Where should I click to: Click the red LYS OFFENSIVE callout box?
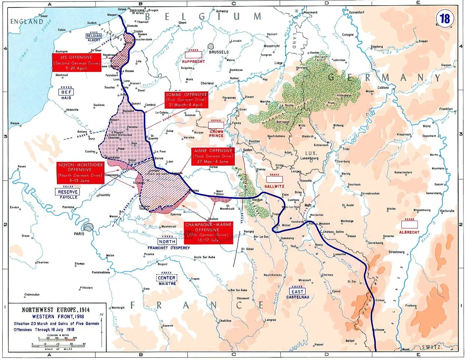pyautogui.click(x=77, y=62)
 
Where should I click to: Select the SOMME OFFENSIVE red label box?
pyautogui.click(x=186, y=100)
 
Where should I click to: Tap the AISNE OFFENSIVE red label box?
pyautogui.click(x=213, y=156)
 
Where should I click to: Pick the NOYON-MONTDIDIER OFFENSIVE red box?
pyautogui.click(x=80, y=172)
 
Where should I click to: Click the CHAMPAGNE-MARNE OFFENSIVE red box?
pyautogui.click(x=209, y=232)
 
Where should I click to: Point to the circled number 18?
pyautogui.click(x=445, y=19)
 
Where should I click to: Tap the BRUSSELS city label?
pyautogui.click(x=219, y=52)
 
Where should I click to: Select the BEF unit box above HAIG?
pyautogui.click(x=66, y=92)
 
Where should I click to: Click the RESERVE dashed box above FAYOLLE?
pyautogui.click(x=68, y=192)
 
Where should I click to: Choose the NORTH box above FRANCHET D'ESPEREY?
pyautogui.click(x=167, y=242)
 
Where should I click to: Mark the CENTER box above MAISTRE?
pyautogui.click(x=166, y=278)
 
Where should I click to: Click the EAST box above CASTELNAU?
pyautogui.click(x=297, y=291)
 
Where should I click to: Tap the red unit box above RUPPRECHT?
pyautogui.click(x=193, y=55)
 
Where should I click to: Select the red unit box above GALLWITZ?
pyautogui.click(x=274, y=179)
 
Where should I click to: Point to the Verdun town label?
pyautogui.click(x=258, y=200)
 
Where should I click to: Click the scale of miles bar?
pyautogui.click(x=58, y=344)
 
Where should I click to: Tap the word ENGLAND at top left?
pyautogui.click(x=27, y=21)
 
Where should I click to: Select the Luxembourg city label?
pyautogui.click(x=309, y=158)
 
